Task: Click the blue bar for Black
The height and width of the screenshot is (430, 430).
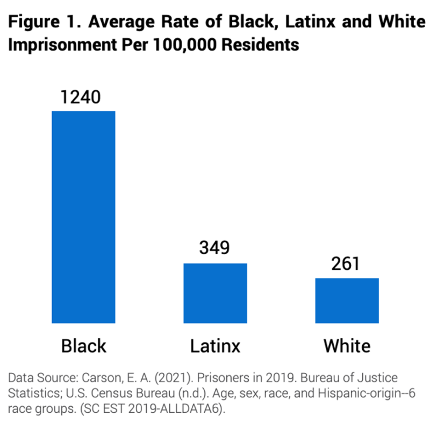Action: click(83, 217)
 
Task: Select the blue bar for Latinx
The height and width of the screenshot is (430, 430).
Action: click(216, 293)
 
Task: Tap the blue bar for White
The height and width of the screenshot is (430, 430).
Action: click(347, 301)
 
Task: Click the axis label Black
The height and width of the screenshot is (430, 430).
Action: click(84, 345)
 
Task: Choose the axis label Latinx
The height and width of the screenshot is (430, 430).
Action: click(215, 345)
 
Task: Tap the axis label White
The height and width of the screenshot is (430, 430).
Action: click(347, 345)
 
